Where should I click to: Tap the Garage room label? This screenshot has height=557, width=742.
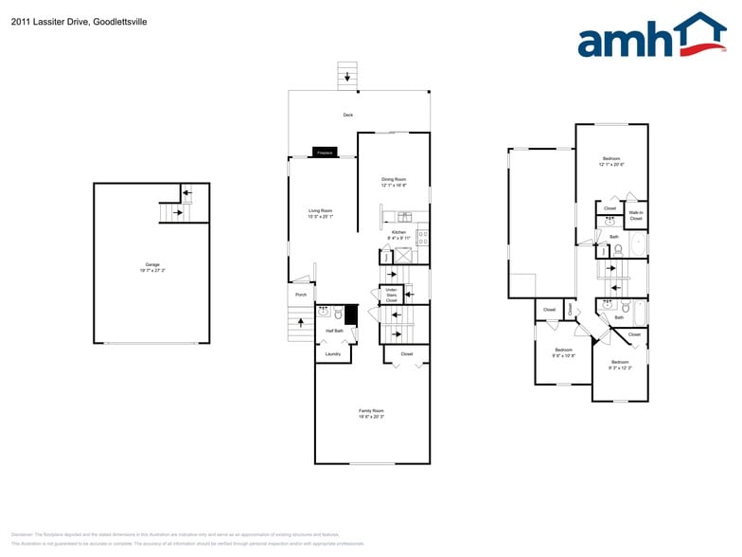[151, 267]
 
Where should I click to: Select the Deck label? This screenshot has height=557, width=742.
[347, 116]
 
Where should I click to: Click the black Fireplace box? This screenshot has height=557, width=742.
[325, 152]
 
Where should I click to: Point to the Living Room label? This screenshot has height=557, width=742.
[320, 213]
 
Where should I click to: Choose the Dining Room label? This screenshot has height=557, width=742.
[394, 182]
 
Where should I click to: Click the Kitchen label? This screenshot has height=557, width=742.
[398, 235]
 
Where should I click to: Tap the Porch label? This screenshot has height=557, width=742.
[301, 295]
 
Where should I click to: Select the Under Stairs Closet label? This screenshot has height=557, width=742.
[391, 294]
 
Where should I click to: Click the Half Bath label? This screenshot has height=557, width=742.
[334, 331]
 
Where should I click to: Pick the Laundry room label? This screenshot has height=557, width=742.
[332, 354]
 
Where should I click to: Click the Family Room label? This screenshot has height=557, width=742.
[371, 413]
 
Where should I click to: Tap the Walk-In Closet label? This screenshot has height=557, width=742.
[636, 216]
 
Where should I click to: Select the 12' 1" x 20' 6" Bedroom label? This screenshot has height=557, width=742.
[611, 161]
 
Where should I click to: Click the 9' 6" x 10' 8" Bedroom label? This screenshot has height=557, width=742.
[564, 352]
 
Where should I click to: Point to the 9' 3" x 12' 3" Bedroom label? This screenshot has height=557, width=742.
[620, 365]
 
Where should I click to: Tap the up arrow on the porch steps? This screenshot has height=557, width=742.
[302, 323]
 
